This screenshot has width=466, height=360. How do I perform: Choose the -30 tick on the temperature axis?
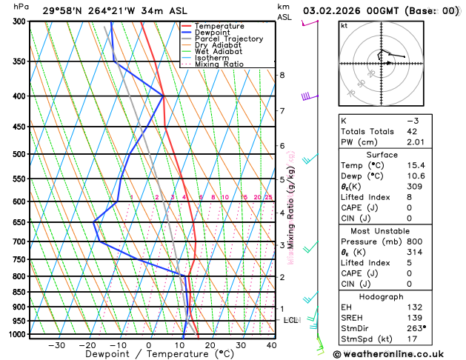click(56, 345)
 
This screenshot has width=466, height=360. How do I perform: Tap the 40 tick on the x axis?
click(272, 345)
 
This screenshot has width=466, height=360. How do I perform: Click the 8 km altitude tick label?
click(282, 75)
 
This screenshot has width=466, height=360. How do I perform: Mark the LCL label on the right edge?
click(291, 321)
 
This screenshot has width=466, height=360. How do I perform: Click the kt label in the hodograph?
click(344, 25)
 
